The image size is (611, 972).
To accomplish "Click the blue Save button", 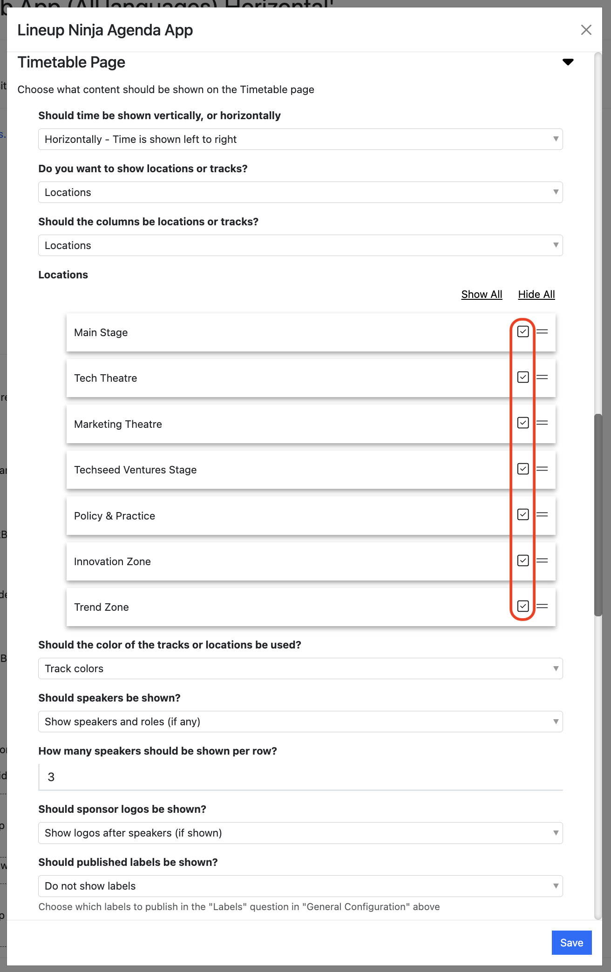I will tap(571, 943).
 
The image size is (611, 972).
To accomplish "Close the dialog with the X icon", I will tap(586, 30).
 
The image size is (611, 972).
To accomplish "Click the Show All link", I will tap(482, 294).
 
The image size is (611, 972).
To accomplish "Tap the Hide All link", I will tap(536, 294).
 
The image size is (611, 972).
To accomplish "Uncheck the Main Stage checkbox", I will tap(523, 331).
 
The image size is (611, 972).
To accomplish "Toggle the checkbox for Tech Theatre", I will tap(523, 377).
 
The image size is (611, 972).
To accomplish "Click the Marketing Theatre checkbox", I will tap(523, 423).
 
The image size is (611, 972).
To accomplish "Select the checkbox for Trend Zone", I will tap(523, 606).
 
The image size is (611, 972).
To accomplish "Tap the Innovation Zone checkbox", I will tap(523, 560).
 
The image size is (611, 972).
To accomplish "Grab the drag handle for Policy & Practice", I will tap(542, 514).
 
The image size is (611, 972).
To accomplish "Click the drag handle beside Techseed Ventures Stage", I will tap(542, 469).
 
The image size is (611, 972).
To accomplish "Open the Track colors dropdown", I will tap(300, 668).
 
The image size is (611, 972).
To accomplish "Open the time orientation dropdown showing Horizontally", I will tap(300, 139).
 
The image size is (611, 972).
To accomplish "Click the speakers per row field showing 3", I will tap(300, 777).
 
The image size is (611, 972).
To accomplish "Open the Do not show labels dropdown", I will tap(300, 886).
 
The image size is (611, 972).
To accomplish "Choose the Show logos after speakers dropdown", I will tap(300, 833).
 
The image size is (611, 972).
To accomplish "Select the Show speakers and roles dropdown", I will tap(300, 722).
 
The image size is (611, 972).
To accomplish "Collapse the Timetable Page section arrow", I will tap(568, 62).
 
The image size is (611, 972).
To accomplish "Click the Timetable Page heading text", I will tap(71, 62).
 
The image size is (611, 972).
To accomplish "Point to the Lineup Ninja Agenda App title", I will tap(105, 30).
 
